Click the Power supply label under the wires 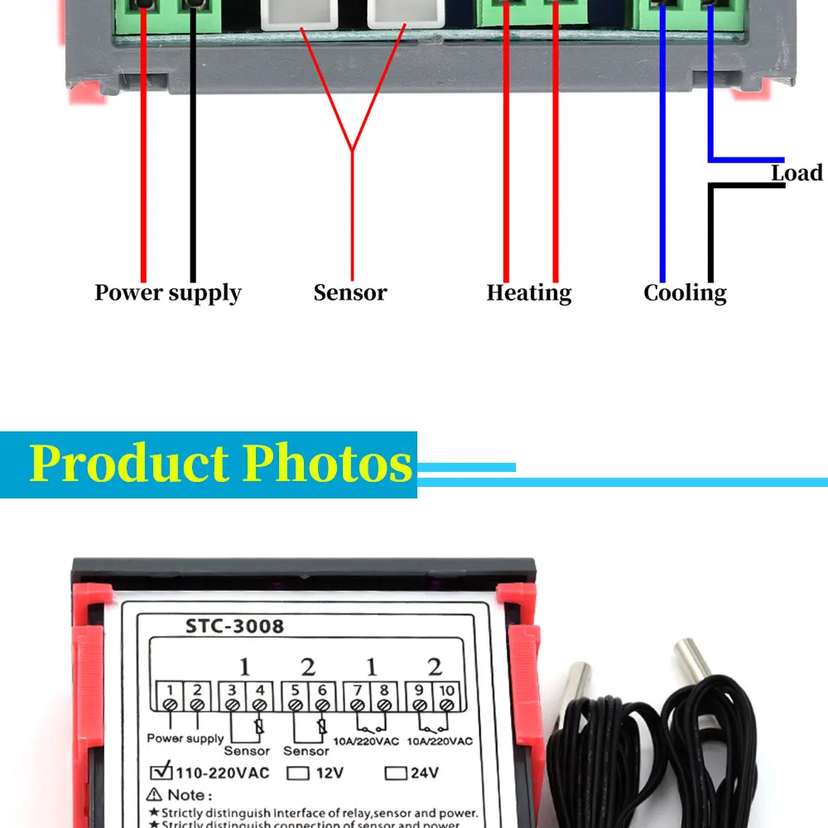pos(167,293)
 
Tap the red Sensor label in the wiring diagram pos(349,293)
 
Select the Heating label pos(528,293)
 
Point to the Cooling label pos(685,293)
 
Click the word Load pos(797,173)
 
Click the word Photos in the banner pos(328,464)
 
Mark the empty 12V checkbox pos(298,774)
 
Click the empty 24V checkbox pos(397,774)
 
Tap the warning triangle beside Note pos(153,795)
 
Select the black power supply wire pos(193,166)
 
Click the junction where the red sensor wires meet pos(352,151)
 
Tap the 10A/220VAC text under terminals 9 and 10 pos(439,741)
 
